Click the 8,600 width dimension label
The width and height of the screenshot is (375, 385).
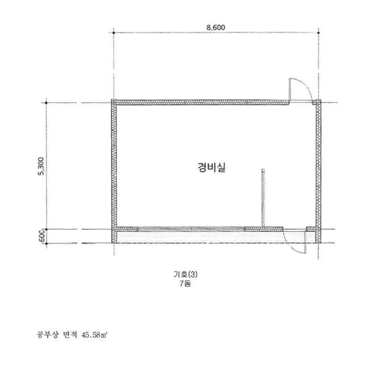216,28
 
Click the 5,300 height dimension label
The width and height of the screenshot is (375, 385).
41,166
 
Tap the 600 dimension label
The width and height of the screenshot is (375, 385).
42,235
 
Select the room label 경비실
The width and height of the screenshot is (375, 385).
211,167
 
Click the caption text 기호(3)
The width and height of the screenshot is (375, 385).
185,274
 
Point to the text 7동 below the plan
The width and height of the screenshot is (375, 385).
185,283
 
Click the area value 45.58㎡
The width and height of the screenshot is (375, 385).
94,334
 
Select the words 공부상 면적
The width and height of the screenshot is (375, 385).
57,334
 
